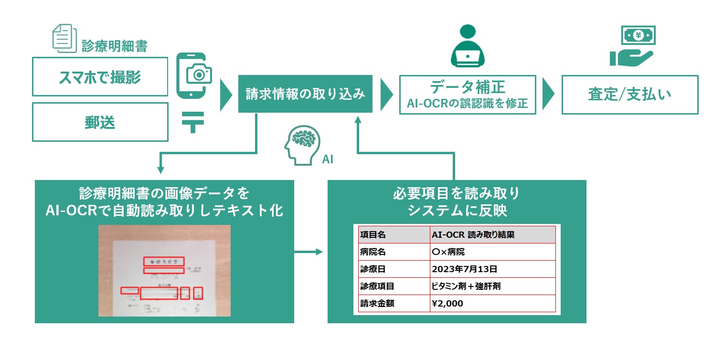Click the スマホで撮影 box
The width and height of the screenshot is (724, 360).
[100, 76]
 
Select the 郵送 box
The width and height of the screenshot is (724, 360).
[100, 122]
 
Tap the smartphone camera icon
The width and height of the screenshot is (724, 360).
[193, 76]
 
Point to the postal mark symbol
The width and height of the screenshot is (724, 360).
[193, 123]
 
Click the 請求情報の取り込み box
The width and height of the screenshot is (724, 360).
[305, 94]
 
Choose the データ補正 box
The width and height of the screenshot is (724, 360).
[468, 95]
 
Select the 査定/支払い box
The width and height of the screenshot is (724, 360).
[629, 95]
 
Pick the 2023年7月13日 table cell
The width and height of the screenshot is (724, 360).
[492, 269]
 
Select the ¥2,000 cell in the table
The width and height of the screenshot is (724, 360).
[492, 304]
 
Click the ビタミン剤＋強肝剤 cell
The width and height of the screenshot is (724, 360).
[492, 286]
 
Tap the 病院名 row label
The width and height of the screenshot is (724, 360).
[394, 252]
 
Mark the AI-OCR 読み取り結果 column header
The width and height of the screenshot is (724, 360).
[492, 235]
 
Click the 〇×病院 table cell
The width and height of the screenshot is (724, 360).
[492, 252]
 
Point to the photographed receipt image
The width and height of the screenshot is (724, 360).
[164, 270]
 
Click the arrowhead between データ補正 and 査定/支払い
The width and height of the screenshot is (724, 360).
[548, 95]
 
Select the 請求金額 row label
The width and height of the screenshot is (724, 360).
[394, 304]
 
